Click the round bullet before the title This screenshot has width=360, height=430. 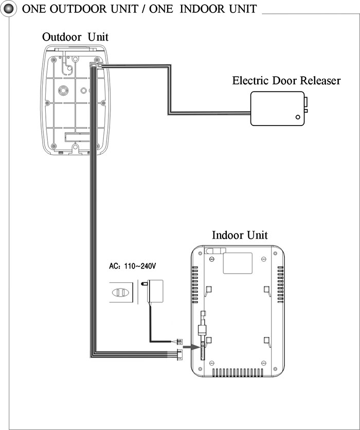9,9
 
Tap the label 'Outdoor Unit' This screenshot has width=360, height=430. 75,37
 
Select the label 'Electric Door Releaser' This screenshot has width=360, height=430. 286,81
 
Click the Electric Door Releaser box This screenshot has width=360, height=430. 278,109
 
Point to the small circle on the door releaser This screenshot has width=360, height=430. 298,117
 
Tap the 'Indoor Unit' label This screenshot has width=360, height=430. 240,235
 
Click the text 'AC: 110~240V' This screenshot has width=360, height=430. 133,266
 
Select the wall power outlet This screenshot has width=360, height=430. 121,292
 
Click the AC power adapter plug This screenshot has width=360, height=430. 152,291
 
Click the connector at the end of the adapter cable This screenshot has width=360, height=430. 179,342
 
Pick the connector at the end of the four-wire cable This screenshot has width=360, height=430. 179,354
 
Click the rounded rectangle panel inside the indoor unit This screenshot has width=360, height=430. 238,263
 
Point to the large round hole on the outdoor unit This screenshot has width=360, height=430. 63,90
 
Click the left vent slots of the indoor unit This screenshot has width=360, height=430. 195,284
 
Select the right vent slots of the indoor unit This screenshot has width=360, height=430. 280,284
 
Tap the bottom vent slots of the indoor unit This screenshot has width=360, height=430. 238,372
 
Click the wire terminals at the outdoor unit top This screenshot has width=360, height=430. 96,65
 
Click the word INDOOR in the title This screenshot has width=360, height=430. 203,9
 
